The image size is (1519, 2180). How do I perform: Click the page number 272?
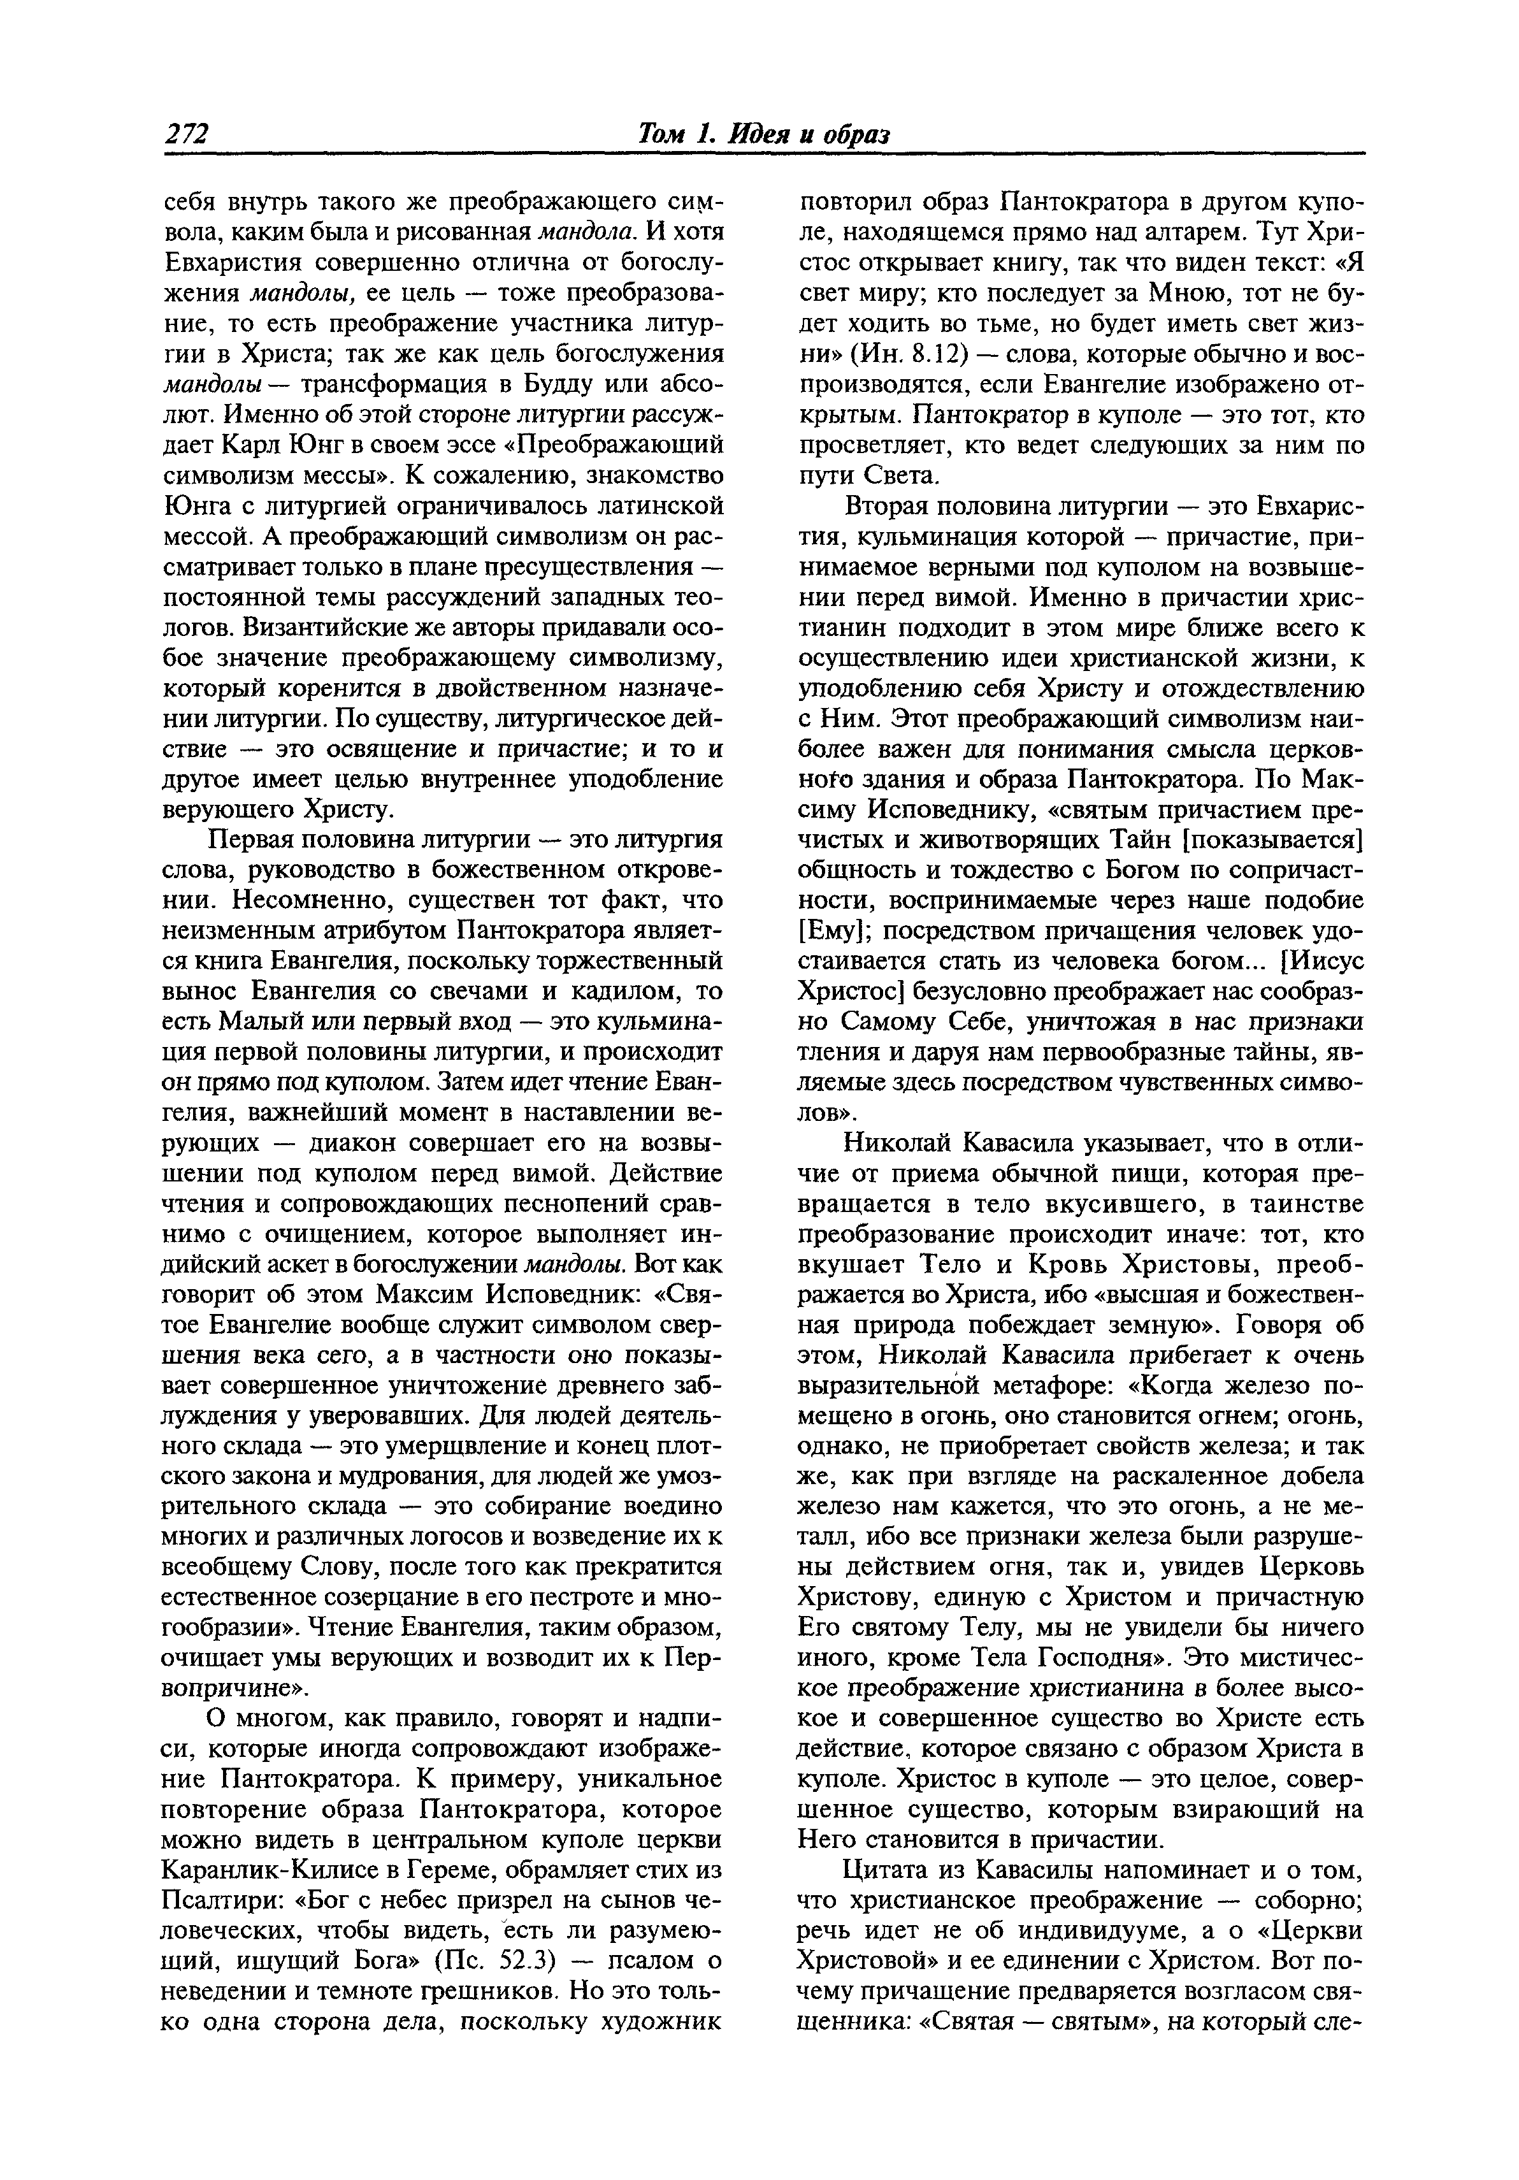[186, 135]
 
